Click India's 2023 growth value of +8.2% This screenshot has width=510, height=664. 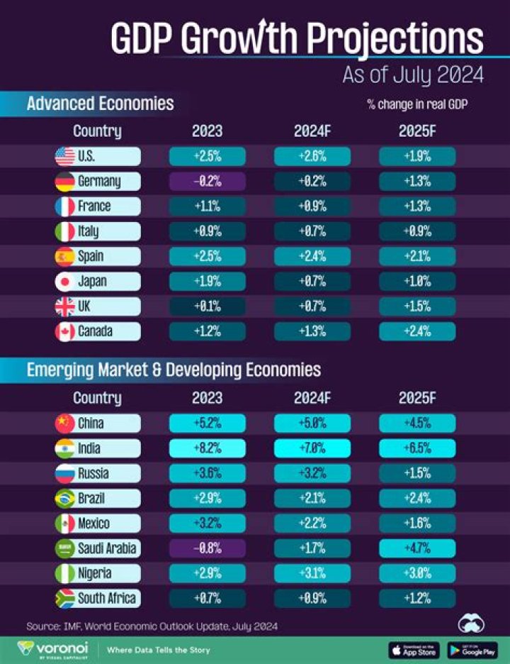pos(207,448)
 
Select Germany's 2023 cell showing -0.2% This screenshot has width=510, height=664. pos(207,182)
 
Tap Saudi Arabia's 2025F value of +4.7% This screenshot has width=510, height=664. pos(417,548)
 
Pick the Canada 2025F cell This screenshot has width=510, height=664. pos(417,331)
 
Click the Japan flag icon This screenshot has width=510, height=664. pos(65,282)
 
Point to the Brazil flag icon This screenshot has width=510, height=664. pos(65,499)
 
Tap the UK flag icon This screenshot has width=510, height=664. pos(65,306)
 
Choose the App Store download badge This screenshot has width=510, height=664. pos(414,649)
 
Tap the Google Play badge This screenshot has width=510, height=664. pos(473,649)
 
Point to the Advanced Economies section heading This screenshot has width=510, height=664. pos(100,104)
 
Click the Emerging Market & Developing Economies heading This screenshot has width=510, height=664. pos(174,370)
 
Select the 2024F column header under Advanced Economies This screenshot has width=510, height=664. pos(312,131)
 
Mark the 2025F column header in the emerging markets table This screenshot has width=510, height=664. pos(417,398)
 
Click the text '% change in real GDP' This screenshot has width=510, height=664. pos(417,105)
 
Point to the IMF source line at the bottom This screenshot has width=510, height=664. pos(152,626)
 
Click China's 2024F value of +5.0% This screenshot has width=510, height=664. pos(312,424)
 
